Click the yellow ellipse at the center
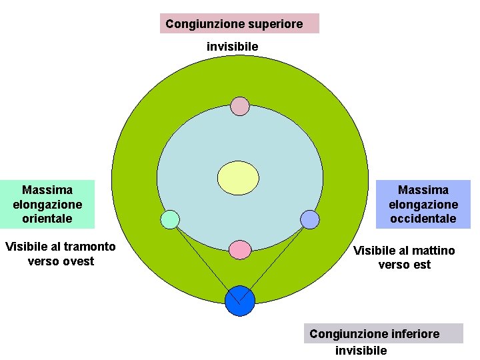(239, 178)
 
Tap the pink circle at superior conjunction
(240, 106)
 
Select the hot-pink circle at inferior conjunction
(240, 249)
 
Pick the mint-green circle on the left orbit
(171, 219)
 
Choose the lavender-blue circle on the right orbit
(310, 219)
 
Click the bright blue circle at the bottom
(240, 301)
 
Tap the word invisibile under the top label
(232, 47)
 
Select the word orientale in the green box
(47, 219)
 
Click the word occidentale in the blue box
(423, 219)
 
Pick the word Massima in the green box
(47, 190)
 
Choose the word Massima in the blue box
(423, 190)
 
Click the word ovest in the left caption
(79, 261)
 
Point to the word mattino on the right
(433, 251)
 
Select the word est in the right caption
(422, 265)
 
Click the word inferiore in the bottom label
(412, 333)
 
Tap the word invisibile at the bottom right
(361, 351)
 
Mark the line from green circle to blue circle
(203, 257)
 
